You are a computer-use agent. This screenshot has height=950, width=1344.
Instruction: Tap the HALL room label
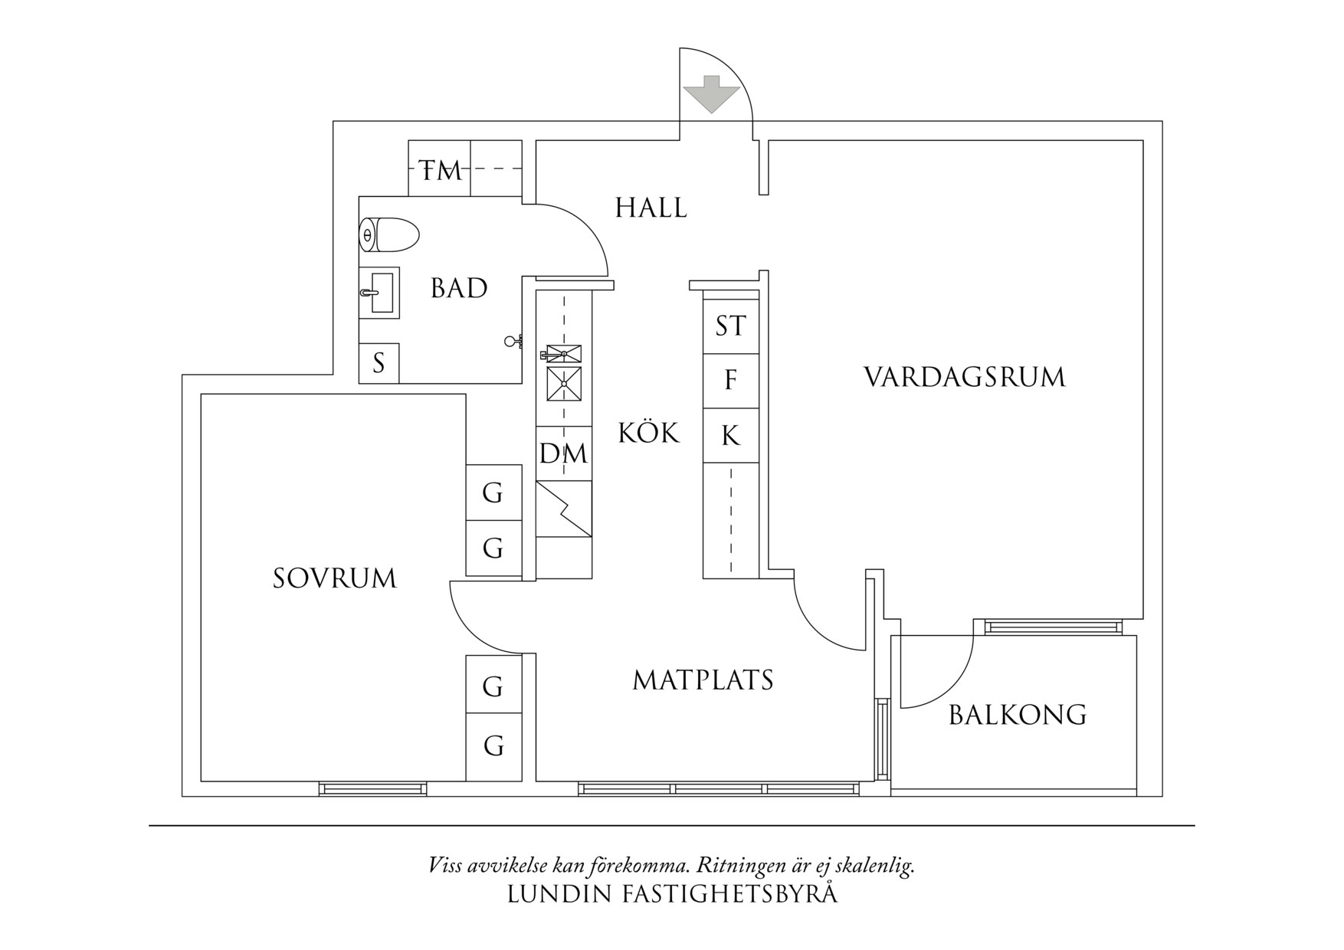tap(651, 208)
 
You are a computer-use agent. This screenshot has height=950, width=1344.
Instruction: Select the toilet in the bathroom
tap(390, 234)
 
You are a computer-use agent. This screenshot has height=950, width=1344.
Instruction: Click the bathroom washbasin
tap(381, 293)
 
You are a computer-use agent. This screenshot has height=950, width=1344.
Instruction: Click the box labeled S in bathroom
tap(379, 363)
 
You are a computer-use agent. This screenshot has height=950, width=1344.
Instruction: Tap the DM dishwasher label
tap(563, 454)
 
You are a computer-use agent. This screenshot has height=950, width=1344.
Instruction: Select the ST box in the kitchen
tap(730, 326)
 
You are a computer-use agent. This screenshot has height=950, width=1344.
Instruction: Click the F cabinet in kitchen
tap(730, 380)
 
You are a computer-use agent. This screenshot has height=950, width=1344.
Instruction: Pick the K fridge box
tap(730, 435)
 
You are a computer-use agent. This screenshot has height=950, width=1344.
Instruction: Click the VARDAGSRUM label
tap(965, 377)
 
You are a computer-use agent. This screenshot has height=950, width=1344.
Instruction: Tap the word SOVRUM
tap(335, 578)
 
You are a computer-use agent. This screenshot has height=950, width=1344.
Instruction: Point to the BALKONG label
tap(1018, 715)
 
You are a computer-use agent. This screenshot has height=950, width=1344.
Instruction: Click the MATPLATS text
tap(703, 680)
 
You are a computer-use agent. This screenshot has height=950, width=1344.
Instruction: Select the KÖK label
tap(648, 433)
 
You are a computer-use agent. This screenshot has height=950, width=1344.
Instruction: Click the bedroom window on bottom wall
tap(372, 789)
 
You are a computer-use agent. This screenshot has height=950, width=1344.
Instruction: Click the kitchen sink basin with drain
tap(563, 385)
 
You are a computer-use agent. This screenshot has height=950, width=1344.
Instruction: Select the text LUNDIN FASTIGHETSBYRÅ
tap(672, 894)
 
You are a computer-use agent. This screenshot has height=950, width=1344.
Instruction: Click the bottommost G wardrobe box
tap(493, 745)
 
